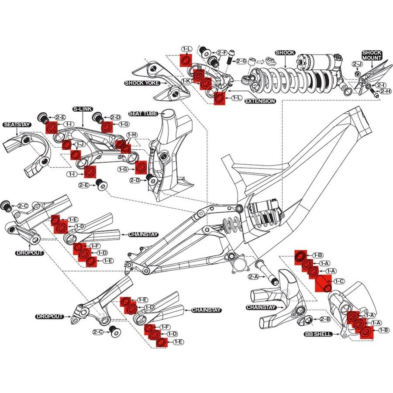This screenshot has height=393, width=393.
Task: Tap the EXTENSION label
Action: pos(260,101)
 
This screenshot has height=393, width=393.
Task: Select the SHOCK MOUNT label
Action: pos(372,55)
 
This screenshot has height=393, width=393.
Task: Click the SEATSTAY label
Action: pos(16,124)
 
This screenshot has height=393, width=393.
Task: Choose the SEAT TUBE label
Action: pos(143,114)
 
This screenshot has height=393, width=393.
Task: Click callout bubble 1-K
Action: pos(187,81)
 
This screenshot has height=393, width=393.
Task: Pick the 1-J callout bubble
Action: pos(80,144)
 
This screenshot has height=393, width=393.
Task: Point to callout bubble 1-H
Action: pos(132,135)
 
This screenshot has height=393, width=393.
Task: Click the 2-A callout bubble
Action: pos(254,277)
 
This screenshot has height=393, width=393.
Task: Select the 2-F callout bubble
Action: pos(222,52)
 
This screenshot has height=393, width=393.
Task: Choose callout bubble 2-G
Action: pos(241,61)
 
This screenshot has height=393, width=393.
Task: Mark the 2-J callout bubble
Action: pos(358,64)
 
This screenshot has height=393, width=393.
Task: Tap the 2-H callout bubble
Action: pos(385,91)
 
